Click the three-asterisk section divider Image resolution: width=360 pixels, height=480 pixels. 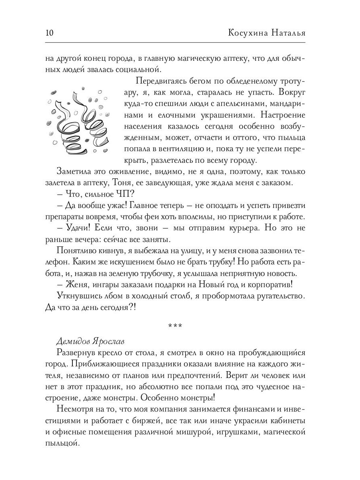[x=175, y=326]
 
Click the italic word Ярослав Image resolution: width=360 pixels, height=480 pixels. [x=108, y=342]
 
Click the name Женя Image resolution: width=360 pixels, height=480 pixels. [x=75, y=285]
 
